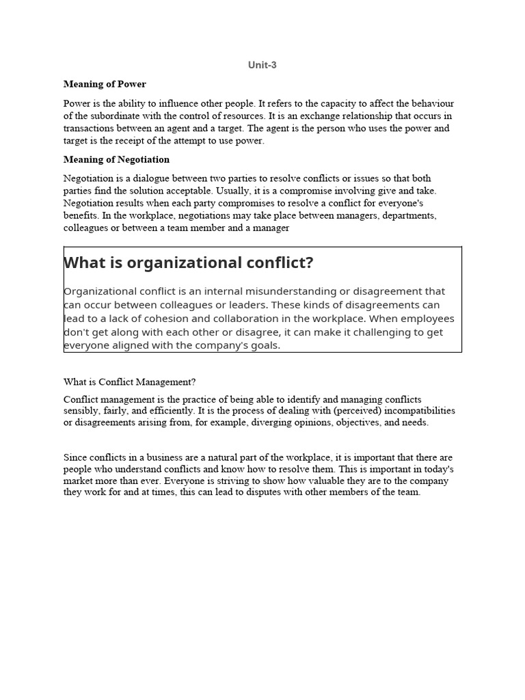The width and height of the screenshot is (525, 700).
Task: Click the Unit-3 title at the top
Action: point(262,65)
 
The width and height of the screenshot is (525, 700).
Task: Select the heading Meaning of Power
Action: point(105,84)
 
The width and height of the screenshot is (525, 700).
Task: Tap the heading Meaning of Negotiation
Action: point(116,159)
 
